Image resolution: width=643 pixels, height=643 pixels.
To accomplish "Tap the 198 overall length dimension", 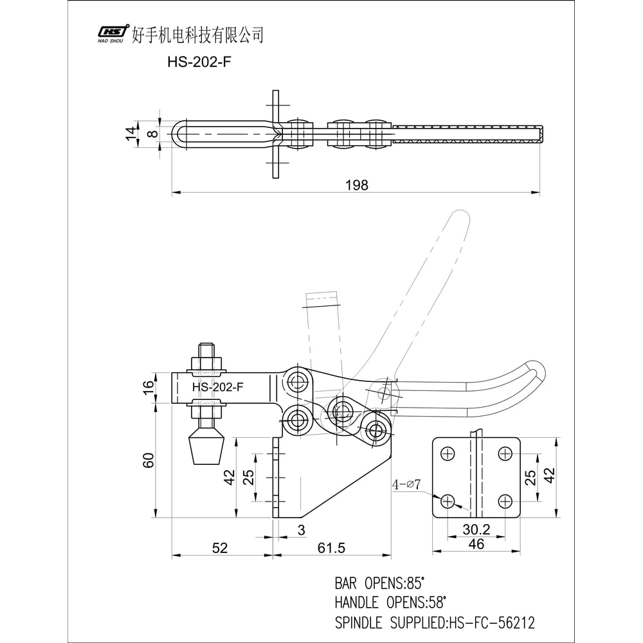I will coord(356,185).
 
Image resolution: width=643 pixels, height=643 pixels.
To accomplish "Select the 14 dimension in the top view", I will coord(132,134).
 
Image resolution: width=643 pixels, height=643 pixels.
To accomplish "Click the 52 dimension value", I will coord(220,548).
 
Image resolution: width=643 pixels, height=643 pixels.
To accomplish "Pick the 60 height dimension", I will coord(149,460).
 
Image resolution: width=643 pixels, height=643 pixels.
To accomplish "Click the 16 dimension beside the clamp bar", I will coord(149,387).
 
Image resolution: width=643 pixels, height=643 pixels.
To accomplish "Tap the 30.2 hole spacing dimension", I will coord(476,529).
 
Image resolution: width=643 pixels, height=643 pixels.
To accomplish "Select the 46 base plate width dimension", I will coord(476,544).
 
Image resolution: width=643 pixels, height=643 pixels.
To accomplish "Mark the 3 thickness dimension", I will coord(301,529).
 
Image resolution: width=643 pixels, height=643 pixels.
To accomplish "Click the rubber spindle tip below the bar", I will coord(205,448).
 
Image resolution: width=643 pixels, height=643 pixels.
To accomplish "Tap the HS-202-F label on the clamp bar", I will coord(218,387).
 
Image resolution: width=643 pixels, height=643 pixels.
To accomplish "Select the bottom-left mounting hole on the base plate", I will coord(448,500).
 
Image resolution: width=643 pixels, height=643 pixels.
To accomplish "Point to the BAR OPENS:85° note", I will coord(380,584).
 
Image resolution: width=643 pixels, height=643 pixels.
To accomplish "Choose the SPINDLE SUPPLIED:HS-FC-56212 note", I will coord(435,622).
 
